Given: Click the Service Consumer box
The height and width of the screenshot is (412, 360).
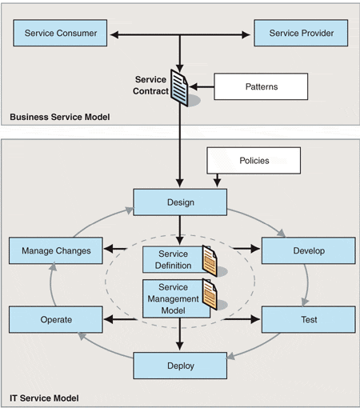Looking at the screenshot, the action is [60, 33].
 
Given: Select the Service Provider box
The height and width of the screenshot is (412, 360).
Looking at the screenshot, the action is [301, 33].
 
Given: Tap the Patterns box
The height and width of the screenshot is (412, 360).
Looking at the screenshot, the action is [261, 86].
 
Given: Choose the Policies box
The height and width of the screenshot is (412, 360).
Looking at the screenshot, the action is [254, 161].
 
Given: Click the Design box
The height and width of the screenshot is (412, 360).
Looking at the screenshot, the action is [180, 202].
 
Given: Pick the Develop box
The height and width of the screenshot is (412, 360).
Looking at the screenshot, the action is [309, 250].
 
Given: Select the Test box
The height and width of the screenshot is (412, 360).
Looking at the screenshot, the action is [309, 319].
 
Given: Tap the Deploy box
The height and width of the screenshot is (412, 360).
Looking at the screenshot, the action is [180, 366].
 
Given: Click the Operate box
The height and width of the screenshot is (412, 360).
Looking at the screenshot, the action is [56, 319].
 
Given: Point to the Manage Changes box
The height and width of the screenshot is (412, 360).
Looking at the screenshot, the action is [56, 250].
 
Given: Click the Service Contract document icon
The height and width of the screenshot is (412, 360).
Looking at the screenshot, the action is [179, 88].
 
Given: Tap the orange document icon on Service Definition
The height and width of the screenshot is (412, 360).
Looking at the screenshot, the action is [210, 261].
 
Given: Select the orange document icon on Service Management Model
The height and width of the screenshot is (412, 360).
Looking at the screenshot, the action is [210, 294].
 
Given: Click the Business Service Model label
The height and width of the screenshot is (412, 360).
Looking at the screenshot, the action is [60, 117].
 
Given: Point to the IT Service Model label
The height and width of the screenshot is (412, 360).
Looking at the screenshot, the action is [44, 398].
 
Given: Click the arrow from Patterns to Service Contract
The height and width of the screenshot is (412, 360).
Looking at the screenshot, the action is [202, 86].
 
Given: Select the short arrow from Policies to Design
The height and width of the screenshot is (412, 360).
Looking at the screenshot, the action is [218, 181].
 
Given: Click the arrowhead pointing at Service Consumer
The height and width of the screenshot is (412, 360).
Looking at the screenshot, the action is [114, 34].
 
